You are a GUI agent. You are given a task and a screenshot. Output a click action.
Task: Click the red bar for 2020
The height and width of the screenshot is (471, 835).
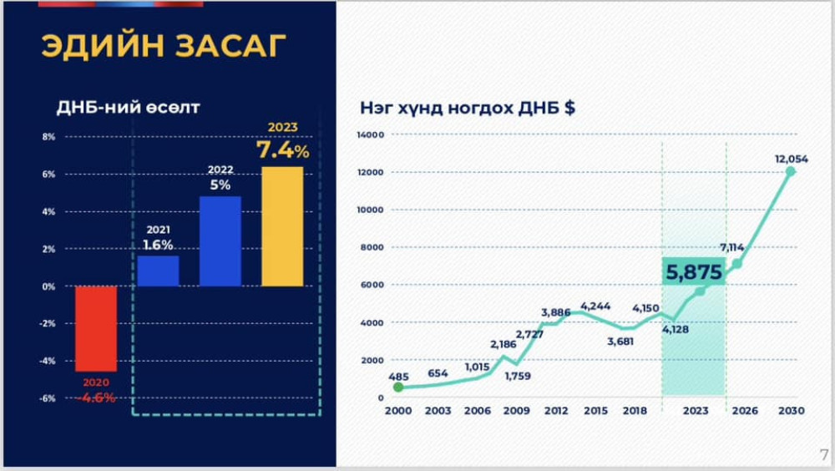(x=96, y=329)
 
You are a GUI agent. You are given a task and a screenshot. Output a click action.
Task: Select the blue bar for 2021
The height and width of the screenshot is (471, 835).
(x=158, y=271)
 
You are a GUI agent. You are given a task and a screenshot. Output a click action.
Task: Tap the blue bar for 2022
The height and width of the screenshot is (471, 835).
(x=220, y=241)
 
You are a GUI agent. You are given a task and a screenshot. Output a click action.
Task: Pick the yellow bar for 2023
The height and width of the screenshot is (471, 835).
(x=282, y=226)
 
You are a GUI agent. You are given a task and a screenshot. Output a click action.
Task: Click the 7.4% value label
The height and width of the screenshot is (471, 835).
(x=282, y=150)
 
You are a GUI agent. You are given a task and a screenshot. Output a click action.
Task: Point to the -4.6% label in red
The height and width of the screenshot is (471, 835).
(x=96, y=398)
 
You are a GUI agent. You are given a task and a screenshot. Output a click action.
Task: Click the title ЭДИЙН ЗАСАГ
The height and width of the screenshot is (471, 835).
(x=164, y=45)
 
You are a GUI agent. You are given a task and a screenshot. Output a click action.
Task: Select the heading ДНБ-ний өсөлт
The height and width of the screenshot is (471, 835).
(x=129, y=107)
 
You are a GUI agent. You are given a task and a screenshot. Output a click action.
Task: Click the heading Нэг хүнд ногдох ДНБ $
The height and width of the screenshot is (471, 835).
(x=468, y=108)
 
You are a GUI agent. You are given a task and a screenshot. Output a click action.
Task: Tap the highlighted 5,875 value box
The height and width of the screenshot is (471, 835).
(x=694, y=271)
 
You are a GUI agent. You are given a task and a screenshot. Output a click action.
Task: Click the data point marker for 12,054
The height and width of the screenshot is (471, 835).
(x=791, y=171)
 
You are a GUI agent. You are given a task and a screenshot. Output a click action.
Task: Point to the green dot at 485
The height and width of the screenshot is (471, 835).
(x=398, y=387)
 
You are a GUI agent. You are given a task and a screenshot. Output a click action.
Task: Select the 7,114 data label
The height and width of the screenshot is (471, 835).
(x=731, y=247)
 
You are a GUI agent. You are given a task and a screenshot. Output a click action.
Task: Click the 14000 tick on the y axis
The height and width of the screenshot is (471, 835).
(x=371, y=134)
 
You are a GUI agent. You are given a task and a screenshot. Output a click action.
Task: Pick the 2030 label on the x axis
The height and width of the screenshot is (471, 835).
(x=792, y=411)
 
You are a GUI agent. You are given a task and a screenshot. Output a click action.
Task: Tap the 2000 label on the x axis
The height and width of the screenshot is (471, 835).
(x=398, y=411)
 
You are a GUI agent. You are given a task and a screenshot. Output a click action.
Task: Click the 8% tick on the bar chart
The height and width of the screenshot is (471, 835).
(x=49, y=137)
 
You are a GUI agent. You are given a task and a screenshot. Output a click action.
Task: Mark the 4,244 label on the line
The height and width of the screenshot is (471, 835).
(x=595, y=306)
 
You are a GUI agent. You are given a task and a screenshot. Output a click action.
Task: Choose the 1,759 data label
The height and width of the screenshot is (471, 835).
(x=518, y=376)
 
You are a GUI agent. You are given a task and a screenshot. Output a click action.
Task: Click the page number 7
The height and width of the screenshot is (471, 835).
(x=824, y=454)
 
